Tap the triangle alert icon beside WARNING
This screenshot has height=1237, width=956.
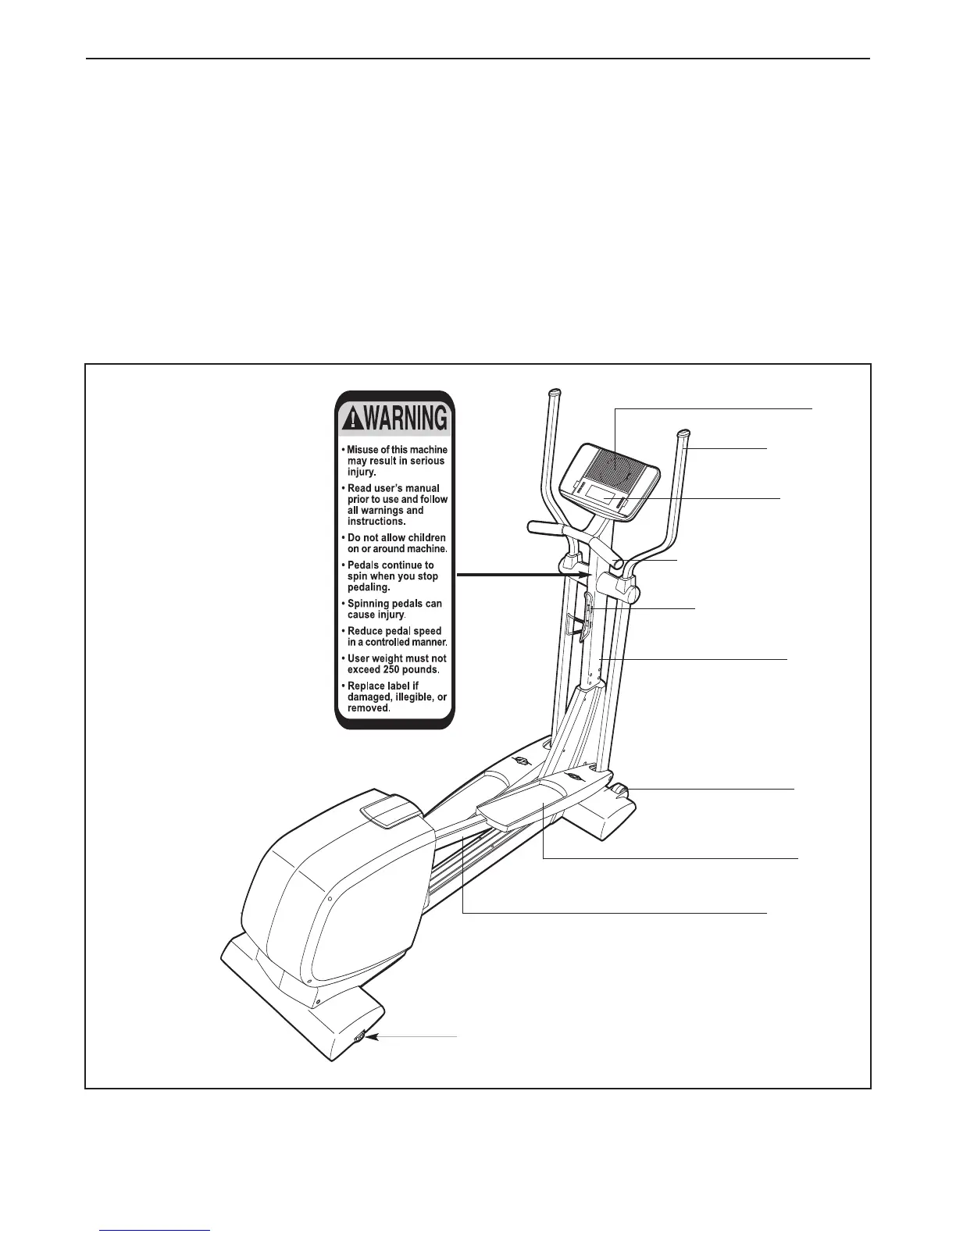coord(349,421)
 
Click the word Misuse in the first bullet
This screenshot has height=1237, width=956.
coord(363,450)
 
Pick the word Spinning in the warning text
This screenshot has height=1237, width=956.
coord(369,604)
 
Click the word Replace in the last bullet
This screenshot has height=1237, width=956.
coord(368,686)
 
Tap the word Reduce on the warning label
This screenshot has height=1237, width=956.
coord(366,631)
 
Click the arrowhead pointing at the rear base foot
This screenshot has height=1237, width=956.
coord(373,1037)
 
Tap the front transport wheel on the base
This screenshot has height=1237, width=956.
coord(623,792)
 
